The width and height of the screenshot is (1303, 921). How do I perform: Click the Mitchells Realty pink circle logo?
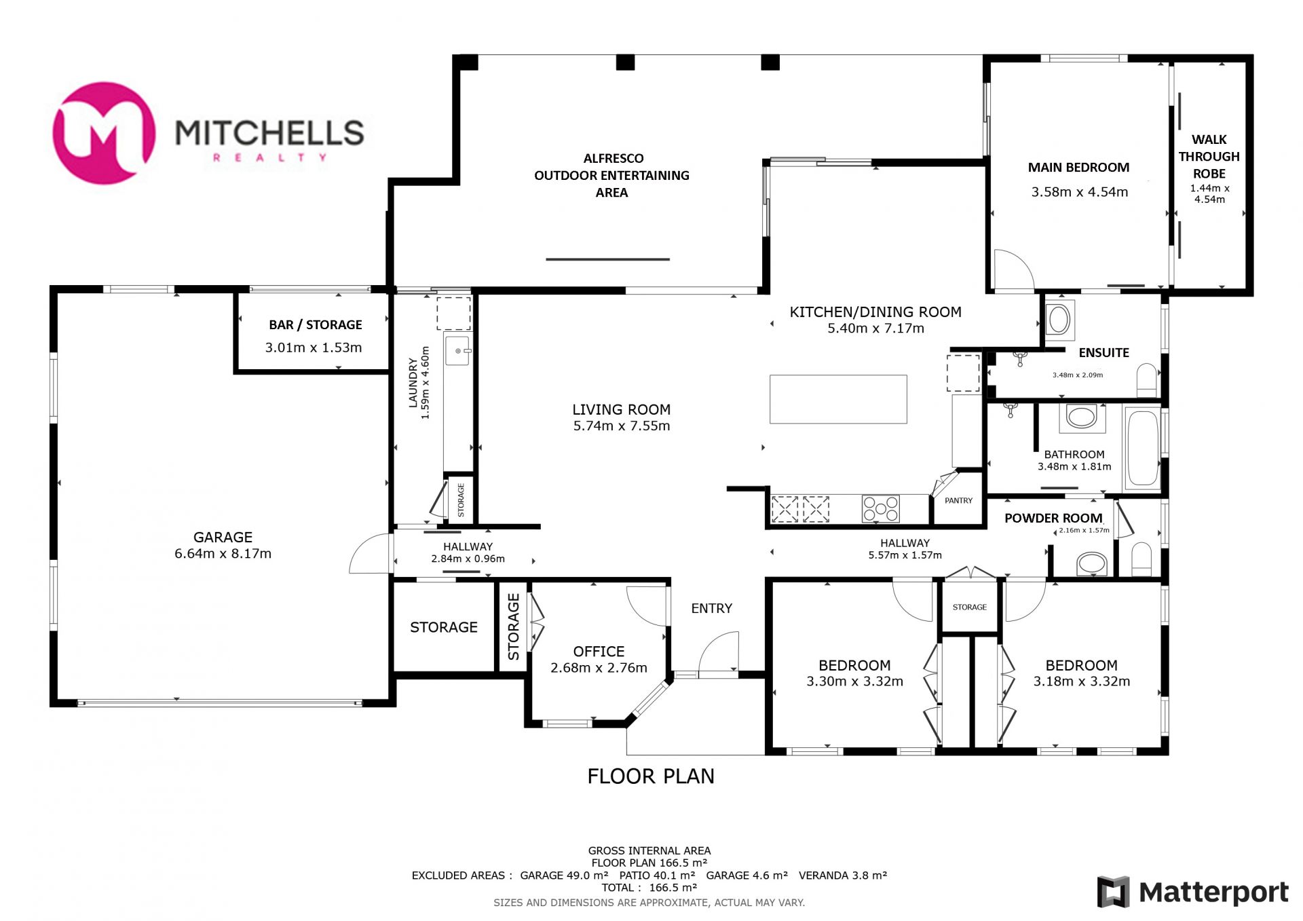(x=104, y=133)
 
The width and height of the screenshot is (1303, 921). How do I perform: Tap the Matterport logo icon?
(x=1113, y=892)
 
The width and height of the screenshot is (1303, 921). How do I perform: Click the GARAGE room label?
(x=223, y=537)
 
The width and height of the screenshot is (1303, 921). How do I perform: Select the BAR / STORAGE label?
(x=316, y=324)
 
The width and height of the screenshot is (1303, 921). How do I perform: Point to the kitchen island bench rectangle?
(x=838, y=399)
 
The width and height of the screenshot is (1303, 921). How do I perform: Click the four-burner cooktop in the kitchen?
(x=880, y=508)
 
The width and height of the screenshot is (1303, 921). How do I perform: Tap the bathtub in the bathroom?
(x=1143, y=449)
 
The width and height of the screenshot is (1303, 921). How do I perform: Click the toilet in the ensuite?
(x=1146, y=380)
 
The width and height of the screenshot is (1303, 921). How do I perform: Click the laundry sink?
(x=457, y=351)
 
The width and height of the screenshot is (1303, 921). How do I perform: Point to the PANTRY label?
(x=958, y=500)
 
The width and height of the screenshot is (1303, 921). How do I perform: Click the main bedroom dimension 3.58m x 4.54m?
(x=1079, y=192)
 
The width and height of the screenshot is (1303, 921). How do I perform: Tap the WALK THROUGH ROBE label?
(x=1209, y=156)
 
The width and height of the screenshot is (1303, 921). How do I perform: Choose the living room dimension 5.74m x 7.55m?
(x=622, y=426)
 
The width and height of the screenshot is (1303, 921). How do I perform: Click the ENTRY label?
(x=711, y=608)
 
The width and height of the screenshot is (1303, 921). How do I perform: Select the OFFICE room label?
(x=599, y=652)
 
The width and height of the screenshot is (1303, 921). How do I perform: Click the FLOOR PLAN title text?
(x=651, y=776)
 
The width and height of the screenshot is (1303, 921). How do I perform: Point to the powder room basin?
(x=1091, y=563)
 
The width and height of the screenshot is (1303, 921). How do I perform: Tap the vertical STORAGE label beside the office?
(x=513, y=626)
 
